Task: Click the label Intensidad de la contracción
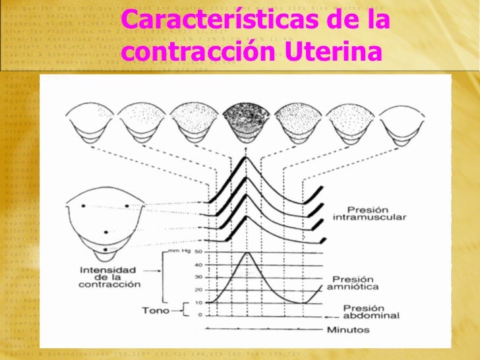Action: coord(108,277)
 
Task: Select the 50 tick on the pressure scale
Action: coord(197,253)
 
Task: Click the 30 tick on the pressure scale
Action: coord(197,278)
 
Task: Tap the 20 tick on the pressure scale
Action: coord(197,290)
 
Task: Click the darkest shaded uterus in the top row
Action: coord(245,121)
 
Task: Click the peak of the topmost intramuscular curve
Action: coord(246,158)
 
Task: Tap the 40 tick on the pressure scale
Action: coord(197,265)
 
